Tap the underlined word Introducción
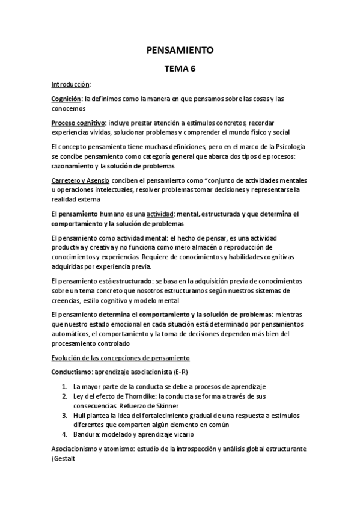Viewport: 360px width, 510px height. tap(70, 85)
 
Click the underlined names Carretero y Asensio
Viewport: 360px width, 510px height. tap(81, 180)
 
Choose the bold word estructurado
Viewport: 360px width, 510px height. tap(124, 280)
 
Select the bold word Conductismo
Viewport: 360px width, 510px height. tap(72, 372)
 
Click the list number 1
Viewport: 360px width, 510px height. tap(64, 387)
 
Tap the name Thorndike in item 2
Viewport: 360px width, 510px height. tap(129, 396)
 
